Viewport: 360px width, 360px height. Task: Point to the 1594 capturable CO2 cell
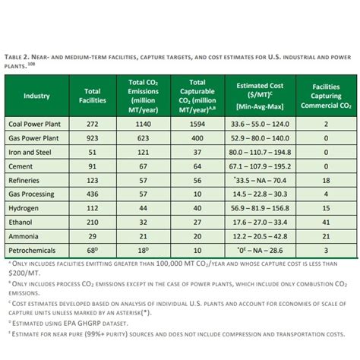(197, 123)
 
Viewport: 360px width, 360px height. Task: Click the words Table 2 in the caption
(18, 55)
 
